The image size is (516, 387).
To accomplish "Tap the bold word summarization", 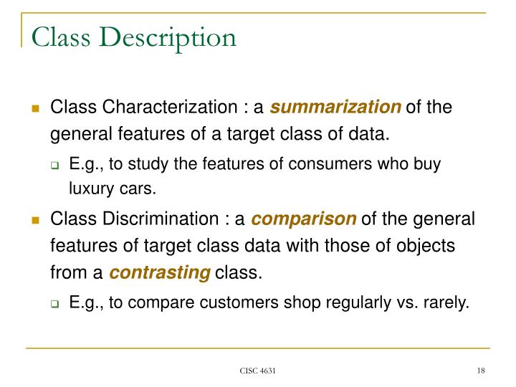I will click(x=336, y=108).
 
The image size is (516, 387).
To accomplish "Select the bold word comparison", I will click(x=305, y=219).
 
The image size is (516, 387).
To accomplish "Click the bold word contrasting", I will click(x=160, y=272).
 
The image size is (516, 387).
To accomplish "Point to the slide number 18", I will click(x=481, y=371).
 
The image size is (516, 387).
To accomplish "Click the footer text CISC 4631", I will click(x=258, y=371).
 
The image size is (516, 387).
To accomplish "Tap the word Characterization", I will click(x=173, y=108).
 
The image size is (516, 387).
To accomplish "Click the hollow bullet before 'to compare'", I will click(x=54, y=304).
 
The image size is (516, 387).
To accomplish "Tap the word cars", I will click(x=135, y=190).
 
